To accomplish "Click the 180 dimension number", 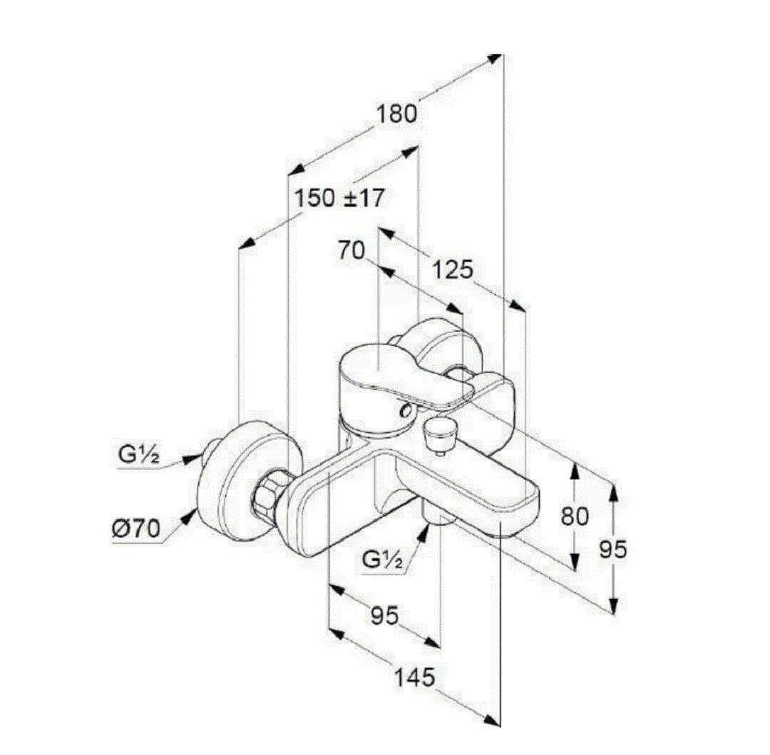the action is (396, 114).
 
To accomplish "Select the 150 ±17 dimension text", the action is (339, 198).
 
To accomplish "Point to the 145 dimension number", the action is (415, 677).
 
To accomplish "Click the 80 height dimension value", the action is (575, 516).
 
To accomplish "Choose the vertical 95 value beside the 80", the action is (613, 549).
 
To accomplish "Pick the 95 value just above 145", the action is (384, 615).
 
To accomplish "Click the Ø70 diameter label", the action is (136, 528).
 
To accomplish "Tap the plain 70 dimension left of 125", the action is (351, 251).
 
